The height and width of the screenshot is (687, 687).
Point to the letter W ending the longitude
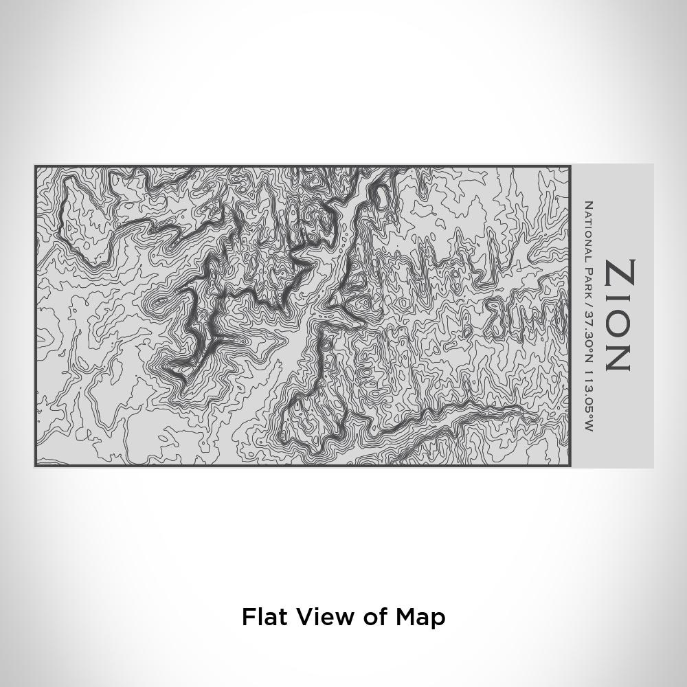(x=588, y=426)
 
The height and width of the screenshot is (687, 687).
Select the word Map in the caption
(x=420, y=616)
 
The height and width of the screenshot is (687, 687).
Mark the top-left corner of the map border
(x=36, y=166)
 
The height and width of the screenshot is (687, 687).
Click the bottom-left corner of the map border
(x=36, y=466)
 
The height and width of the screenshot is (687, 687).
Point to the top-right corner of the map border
(x=570, y=166)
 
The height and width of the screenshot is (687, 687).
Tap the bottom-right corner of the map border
(x=570, y=466)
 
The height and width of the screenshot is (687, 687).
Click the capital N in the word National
(x=588, y=204)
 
